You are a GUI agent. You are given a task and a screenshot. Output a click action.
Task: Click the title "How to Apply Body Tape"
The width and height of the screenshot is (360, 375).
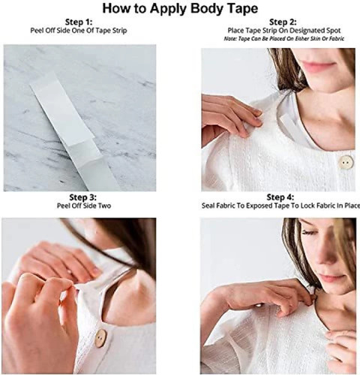pos(180,8)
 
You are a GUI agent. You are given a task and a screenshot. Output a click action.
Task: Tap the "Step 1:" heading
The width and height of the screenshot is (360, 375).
pos(79,22)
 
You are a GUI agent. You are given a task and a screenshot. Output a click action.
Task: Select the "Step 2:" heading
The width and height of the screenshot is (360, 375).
pos(283,22)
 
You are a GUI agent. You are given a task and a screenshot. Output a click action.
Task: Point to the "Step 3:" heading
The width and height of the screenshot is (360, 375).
pos(82,197)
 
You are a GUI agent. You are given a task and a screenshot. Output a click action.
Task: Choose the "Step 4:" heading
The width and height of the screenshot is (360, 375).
pos(280,197)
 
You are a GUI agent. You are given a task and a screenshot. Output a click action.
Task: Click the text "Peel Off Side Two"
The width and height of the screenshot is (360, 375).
pos(84,205)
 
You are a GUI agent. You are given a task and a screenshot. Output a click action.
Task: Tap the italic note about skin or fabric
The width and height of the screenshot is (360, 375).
pos(284,39)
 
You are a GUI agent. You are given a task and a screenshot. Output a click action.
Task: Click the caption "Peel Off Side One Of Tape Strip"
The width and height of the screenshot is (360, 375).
pos(79,31)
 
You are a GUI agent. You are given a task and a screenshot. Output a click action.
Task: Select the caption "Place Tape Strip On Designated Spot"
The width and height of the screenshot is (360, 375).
pos(284,31)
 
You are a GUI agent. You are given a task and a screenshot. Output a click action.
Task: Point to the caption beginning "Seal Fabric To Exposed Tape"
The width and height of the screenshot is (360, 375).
pos(280,205)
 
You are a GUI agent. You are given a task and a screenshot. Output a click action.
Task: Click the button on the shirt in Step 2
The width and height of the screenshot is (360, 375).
pos(346,162)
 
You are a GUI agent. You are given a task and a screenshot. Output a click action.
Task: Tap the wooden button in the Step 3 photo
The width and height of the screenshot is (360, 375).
pos(100,338)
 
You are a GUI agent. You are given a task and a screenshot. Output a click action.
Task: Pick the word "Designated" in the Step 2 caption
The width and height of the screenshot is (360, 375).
pos(303,31)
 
